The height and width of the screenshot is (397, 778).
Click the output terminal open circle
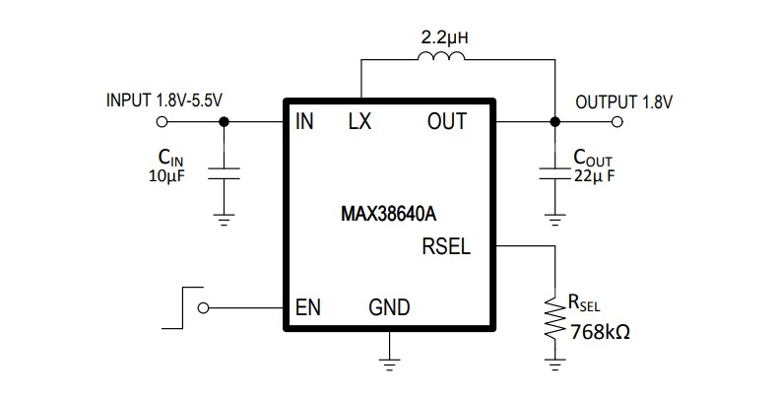pos(617,122)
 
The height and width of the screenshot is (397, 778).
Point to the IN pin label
pos(303,123)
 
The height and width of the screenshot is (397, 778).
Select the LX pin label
pos(359,123)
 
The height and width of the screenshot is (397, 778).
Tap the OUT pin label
pos(446,123)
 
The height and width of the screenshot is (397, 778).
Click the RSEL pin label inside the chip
pos(446,246)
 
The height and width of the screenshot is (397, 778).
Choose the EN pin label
pos(308,307)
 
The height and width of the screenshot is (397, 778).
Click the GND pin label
pos(389,307)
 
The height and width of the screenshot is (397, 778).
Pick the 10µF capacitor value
pos(168,176)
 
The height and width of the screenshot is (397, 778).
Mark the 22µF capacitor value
pos(596,176)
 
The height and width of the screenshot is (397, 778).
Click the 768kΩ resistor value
pos(600,332)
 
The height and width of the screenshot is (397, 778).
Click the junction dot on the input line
pos(224,122)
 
